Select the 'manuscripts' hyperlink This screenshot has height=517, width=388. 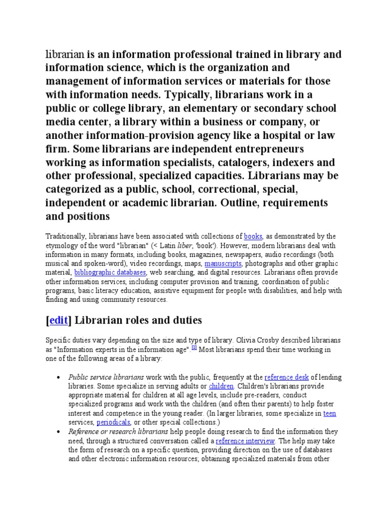pos(223,264)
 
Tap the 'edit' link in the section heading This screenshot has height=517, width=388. pos(58,320)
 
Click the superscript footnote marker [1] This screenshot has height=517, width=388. pos(193,347)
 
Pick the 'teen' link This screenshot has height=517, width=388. pos(329,413)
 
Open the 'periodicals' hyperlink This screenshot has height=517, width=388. pos(113,422)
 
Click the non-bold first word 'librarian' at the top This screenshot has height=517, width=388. pos(66,55)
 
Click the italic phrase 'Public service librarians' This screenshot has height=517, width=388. pos(106,377)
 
